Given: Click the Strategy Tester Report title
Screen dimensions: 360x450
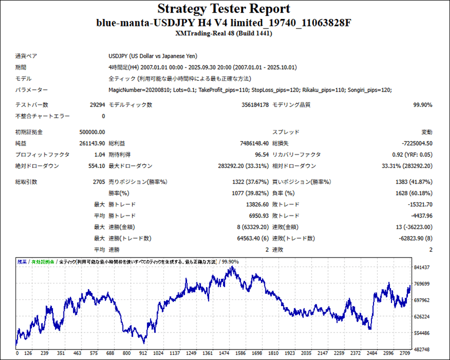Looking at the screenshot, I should [223, 9].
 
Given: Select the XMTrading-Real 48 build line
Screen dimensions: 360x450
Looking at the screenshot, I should [224, 33].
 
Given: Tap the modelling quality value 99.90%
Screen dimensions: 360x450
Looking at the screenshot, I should [422, 105].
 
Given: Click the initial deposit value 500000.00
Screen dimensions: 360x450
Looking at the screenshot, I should [92, 132].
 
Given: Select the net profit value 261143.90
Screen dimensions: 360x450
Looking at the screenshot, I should [92, 143].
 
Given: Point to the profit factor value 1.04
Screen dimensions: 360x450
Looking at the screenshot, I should [99, 155].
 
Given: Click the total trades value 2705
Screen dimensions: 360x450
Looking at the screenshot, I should [98, 182].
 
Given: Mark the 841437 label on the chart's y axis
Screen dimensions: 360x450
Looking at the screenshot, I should [422, 267].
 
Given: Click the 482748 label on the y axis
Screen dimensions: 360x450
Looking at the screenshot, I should [422, 349].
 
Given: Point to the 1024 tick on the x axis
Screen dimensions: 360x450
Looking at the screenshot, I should [158, 353].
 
